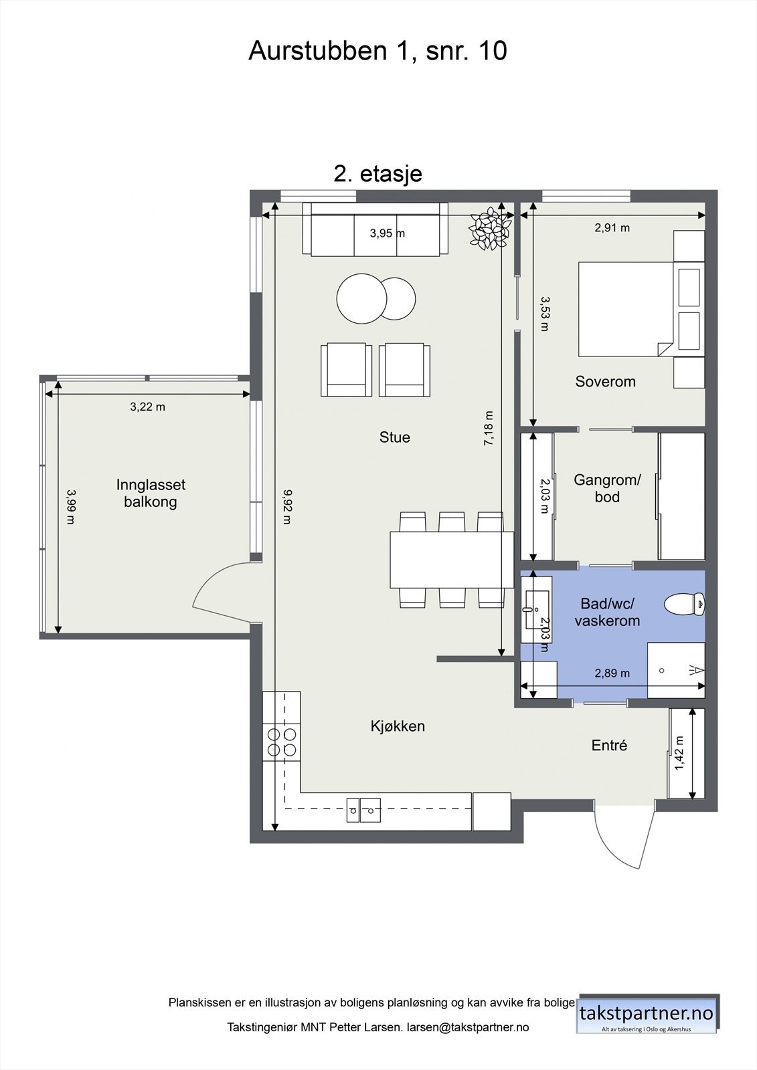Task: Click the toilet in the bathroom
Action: tap(684, 605)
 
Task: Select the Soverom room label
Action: tap(605, 381)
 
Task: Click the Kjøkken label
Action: tap(398, 726)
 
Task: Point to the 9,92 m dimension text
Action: tap(286, 507)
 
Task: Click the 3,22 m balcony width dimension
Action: tap(148, 407)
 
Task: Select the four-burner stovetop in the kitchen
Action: tap(282, 742)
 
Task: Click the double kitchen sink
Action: tap(364, 810)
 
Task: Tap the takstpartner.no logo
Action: tap(647, 1014)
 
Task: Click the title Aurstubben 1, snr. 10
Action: tap(377, 51)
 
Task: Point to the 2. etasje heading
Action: tap(377, 173)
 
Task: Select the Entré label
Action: tap(609, 745)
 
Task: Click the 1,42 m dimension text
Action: tap(679, 753)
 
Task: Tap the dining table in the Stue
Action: tap(452, 559)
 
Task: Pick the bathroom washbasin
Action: tap(536, 609)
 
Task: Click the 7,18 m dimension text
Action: tap(488, 429)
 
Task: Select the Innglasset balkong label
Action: tap(151, 493)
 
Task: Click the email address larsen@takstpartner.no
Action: tap(468, 1027)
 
